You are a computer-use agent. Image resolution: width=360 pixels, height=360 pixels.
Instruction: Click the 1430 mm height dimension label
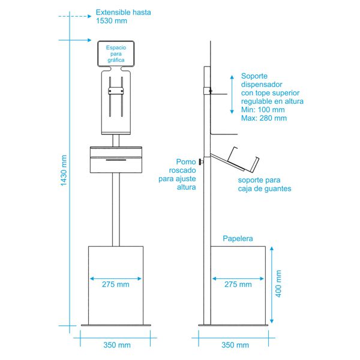tap(64, 170)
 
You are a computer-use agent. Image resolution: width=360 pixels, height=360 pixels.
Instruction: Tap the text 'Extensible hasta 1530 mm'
tap(123, 16)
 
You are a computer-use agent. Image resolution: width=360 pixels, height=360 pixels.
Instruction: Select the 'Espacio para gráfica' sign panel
tap(116, 54)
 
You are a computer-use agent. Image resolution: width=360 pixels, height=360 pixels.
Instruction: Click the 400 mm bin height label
tap(278, 284)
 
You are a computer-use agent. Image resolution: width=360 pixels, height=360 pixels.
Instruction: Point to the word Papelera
tap(238, 238)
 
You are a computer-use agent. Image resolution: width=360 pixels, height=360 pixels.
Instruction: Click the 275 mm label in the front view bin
tap(115, 284)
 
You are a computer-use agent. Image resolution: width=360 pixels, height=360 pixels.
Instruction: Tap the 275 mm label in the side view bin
tap(238, 284)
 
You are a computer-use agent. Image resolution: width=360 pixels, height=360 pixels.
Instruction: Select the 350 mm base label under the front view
tap(117, 345)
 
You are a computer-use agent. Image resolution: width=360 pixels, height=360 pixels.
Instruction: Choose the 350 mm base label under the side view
tap(235, 345)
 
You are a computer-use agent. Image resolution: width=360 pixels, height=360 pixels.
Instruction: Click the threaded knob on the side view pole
tap(202, 162)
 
